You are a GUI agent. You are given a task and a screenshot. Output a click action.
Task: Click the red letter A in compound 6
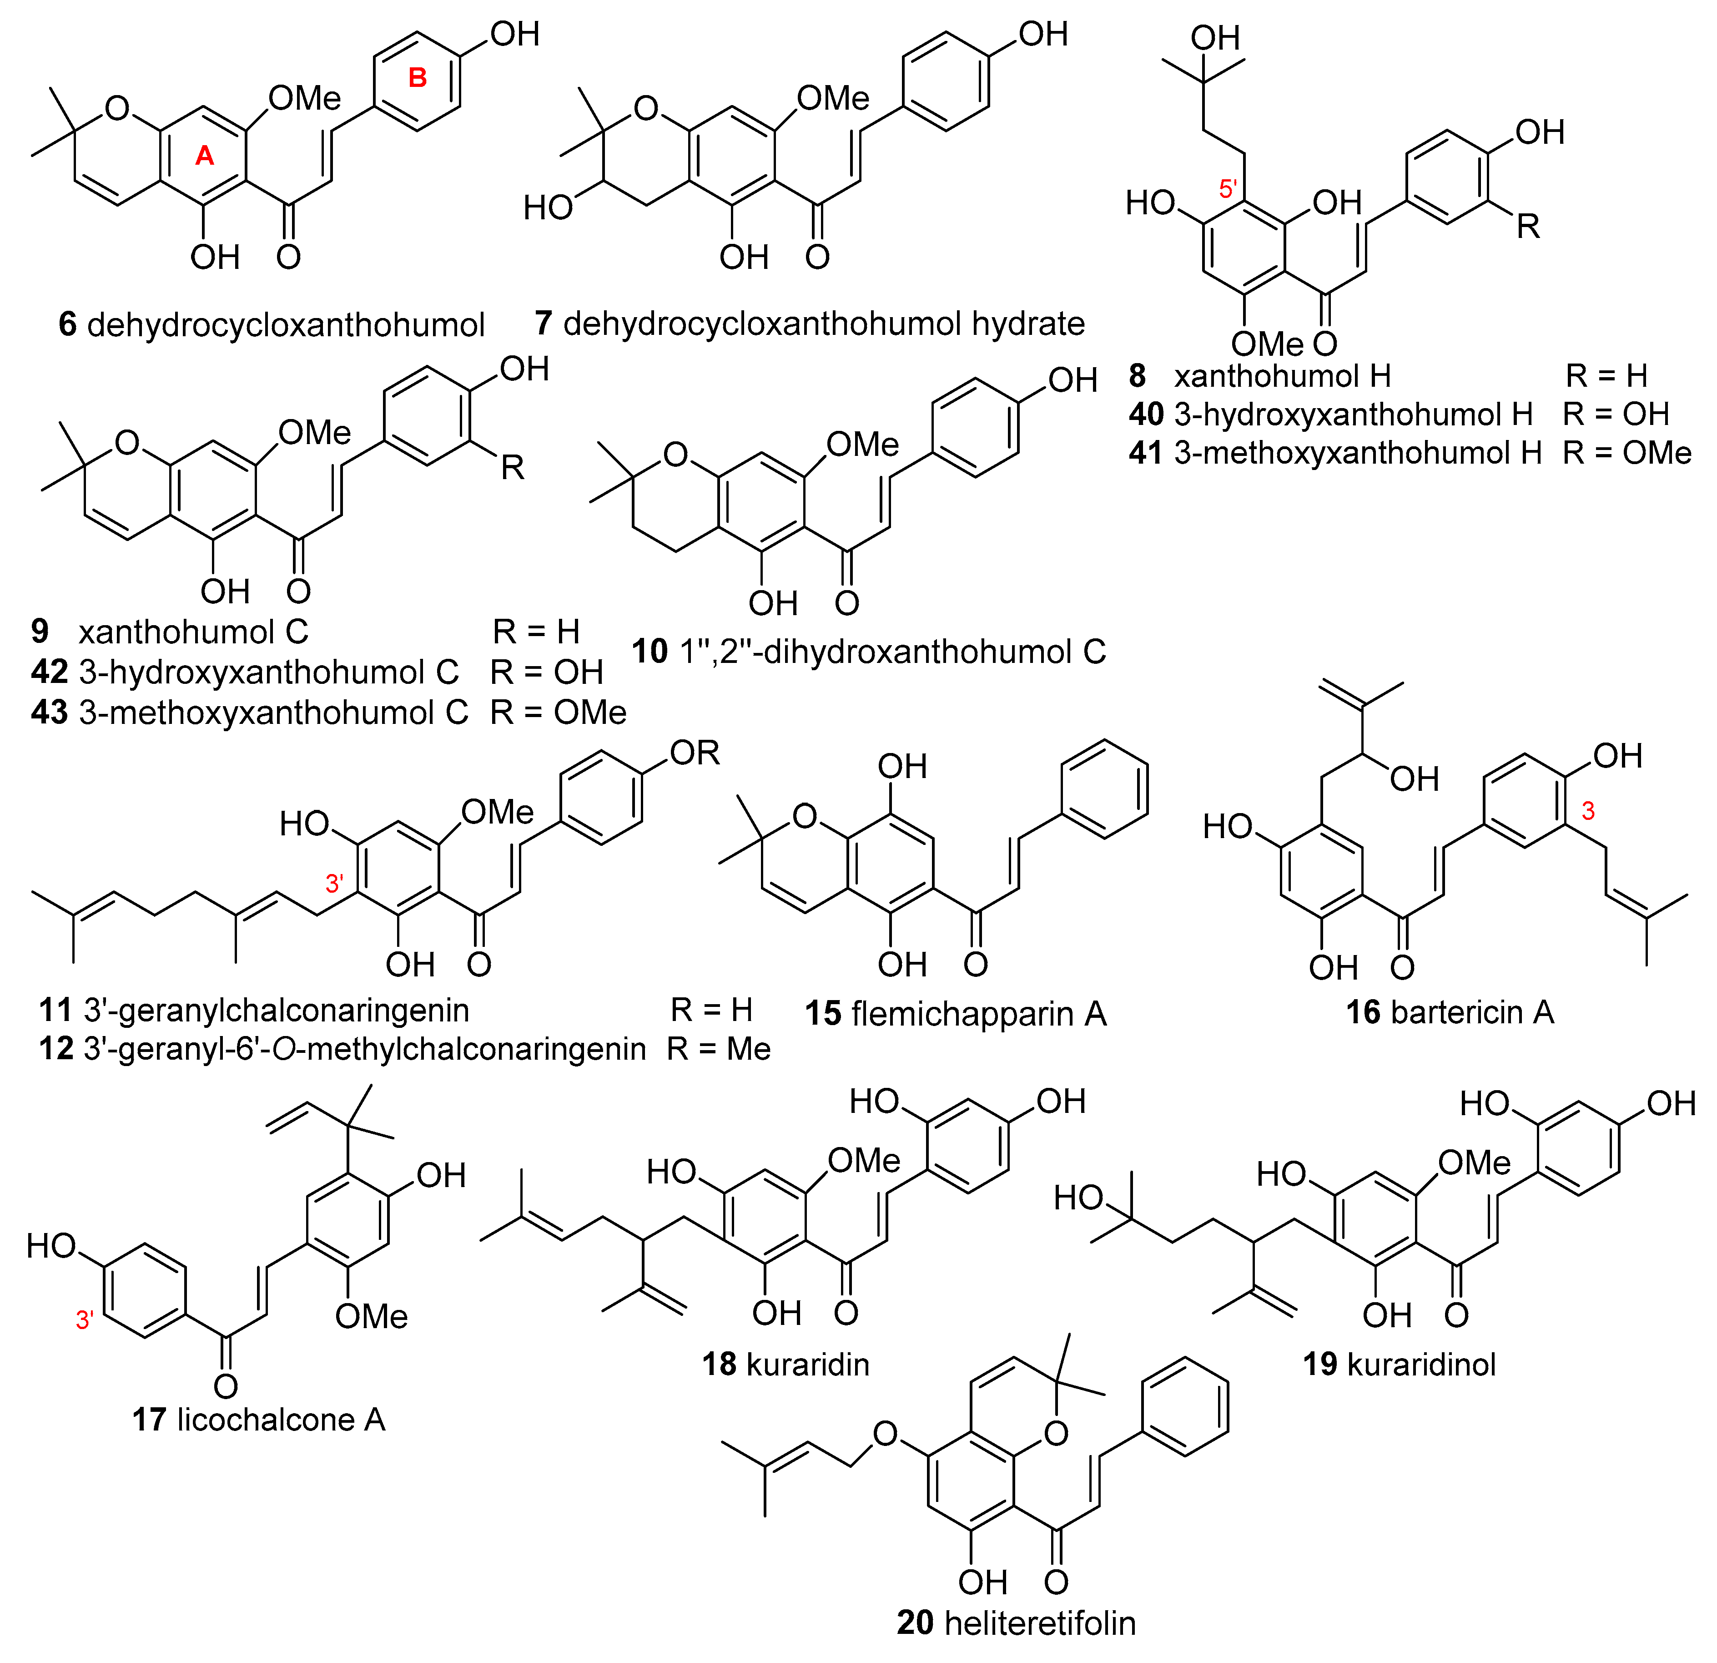(204, 156)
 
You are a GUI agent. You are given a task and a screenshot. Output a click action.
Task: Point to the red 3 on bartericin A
(1587, 811)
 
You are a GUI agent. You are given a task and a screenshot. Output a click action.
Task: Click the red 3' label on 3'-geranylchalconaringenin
(334, 883)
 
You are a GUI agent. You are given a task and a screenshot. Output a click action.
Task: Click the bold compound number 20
(916, 1623)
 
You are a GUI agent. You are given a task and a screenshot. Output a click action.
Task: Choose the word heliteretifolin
(1040, 1623)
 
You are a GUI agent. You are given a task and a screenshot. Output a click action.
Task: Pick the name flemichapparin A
(978, 1014)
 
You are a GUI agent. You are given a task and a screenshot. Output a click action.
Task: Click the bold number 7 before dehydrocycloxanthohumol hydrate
(543, 324)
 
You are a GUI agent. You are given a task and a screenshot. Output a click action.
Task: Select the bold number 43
(49, 713)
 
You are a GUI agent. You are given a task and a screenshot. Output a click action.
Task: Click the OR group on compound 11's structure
(694, 753)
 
